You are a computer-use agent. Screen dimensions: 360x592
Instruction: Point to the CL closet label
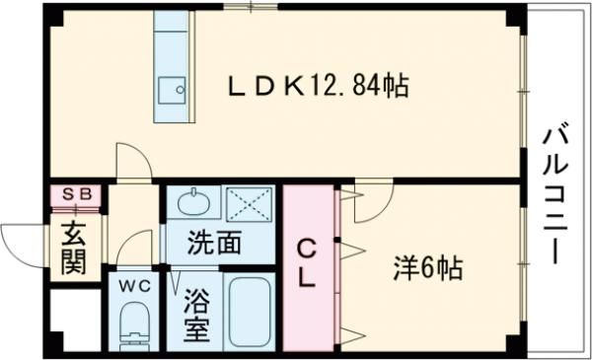307,261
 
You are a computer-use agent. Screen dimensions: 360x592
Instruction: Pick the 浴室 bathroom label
196,314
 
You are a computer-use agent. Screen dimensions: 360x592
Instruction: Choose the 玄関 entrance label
73,249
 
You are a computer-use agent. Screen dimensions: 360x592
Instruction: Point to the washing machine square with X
250,204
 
